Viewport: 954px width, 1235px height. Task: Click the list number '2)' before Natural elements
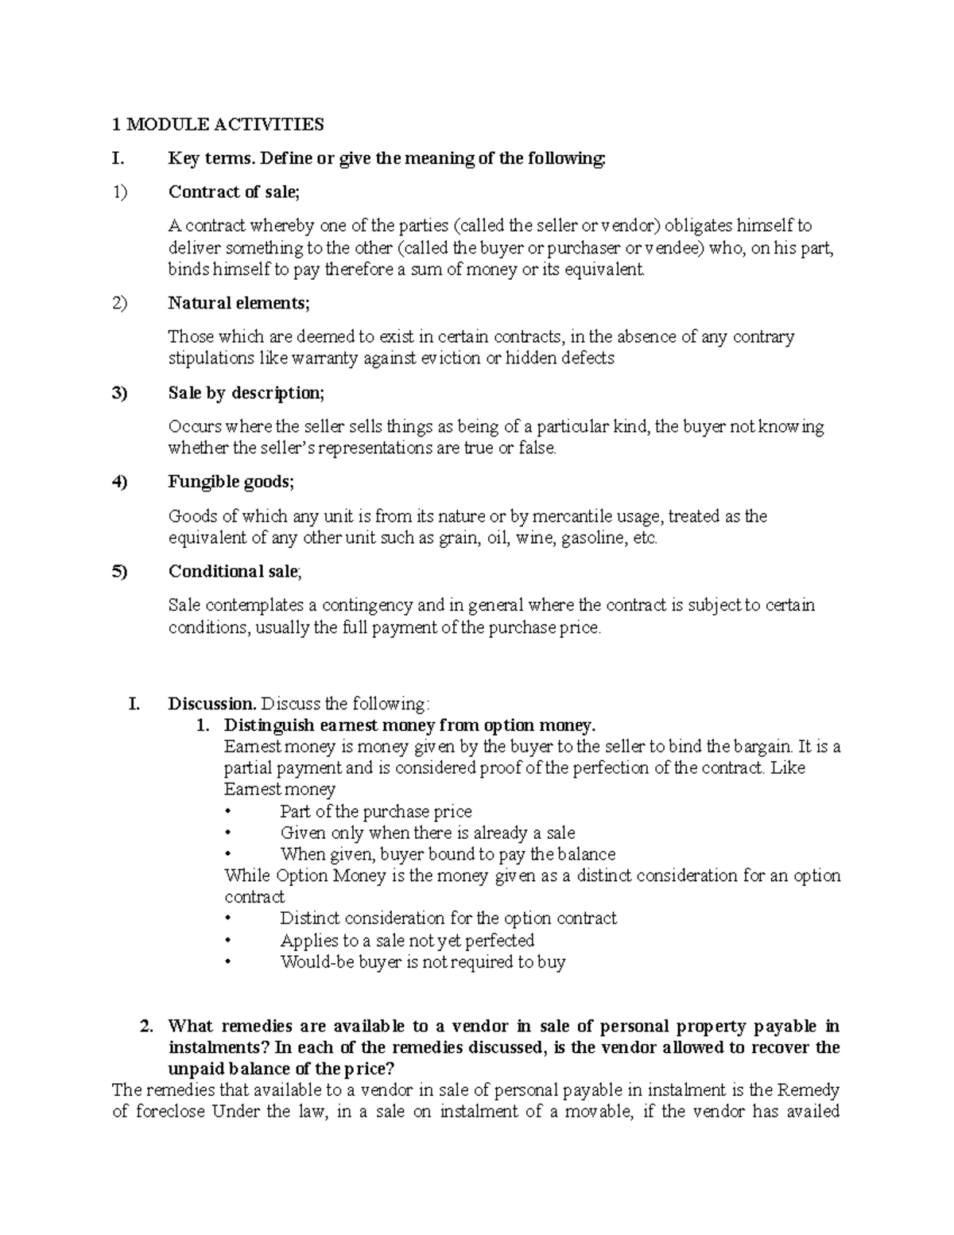(119, 303)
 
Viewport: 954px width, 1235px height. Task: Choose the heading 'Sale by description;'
(246, 393)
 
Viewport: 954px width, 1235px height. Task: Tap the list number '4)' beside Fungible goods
(119, 482)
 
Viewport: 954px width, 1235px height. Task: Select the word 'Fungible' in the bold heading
(200, 482)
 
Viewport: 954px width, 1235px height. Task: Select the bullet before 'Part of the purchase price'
(228, 812)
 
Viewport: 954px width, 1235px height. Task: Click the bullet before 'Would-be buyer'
(228, 962)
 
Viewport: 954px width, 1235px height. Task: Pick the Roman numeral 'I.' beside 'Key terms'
(118, 158)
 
